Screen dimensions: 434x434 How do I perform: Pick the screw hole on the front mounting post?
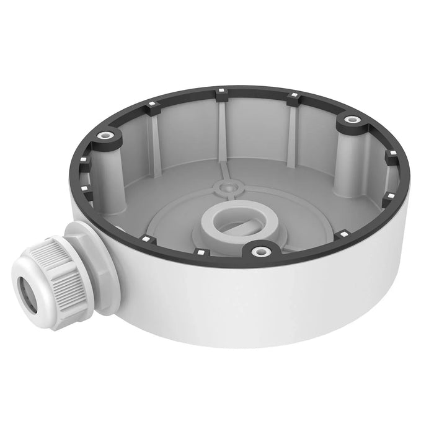tap(261, 251)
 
